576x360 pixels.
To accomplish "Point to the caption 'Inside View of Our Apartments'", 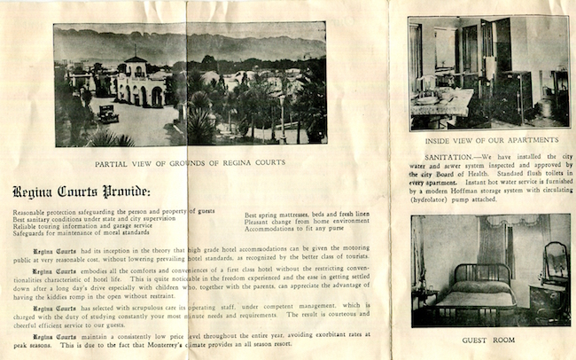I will [479, 140].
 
